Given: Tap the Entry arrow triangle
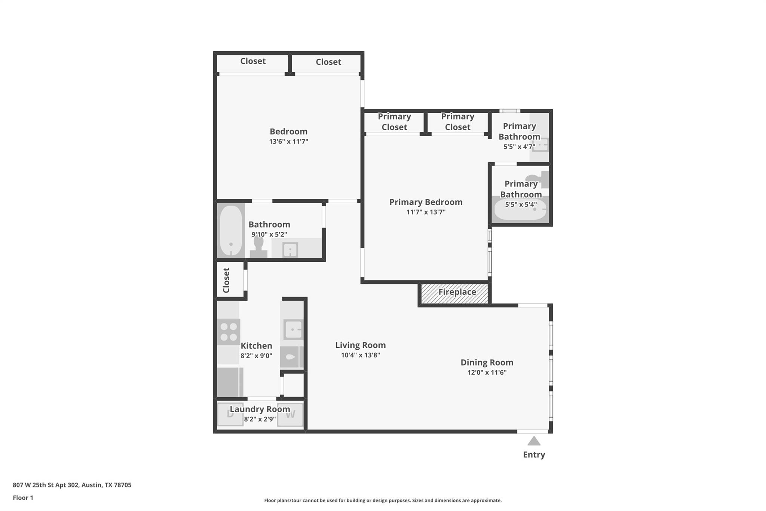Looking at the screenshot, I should (x=534, y=441).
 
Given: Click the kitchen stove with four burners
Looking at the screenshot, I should (x=229, y=332).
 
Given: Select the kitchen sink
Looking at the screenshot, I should (x=293, y=330).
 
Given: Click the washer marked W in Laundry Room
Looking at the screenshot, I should (x=290, y=414).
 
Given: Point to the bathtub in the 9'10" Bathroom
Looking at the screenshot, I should (x=231, y=231).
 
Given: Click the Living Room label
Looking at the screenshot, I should (x=360, y=345).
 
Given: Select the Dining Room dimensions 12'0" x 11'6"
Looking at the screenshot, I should (x=487, y=372).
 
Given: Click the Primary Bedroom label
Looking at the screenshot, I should (x=426, y=202).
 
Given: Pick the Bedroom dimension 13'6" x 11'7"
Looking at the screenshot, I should (x=288, y=142).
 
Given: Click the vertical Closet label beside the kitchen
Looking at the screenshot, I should (x=226, y=280).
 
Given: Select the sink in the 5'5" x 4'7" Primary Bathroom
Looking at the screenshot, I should (x=540, y=145).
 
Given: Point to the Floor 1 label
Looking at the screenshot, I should (x=23, y=498).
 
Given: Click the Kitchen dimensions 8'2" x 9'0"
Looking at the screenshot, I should (x=256, y=356).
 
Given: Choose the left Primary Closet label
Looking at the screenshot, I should (x=394, y=122).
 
